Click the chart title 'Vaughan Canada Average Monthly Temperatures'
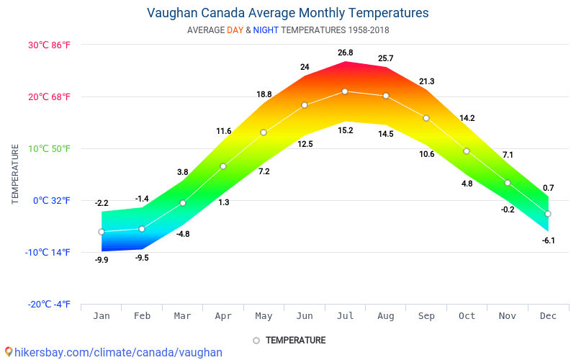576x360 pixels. coord(287,13)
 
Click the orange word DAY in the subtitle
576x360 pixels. coord(235,30)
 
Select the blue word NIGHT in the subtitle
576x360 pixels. coord(266,30)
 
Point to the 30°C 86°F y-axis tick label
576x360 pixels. coord(50,45)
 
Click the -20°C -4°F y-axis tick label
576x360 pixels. coord(50,305)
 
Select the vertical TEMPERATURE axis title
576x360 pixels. coord(15,174)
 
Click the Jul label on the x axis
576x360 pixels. coord(345,316)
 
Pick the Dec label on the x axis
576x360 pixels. coord(548,316)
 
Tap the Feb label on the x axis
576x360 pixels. coord(142,316)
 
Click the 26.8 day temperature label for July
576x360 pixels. coord(345,53)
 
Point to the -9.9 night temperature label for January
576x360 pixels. coord(102,260)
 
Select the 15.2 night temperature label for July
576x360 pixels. coord(345,130)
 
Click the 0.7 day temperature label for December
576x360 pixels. coord(548,188)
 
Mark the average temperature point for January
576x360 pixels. coord(102,232)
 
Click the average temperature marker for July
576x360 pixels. coord(345,91)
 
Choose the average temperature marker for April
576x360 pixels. coord(223,166)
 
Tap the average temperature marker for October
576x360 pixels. coord(467,151)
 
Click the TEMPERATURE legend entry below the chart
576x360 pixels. coord(289,341)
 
